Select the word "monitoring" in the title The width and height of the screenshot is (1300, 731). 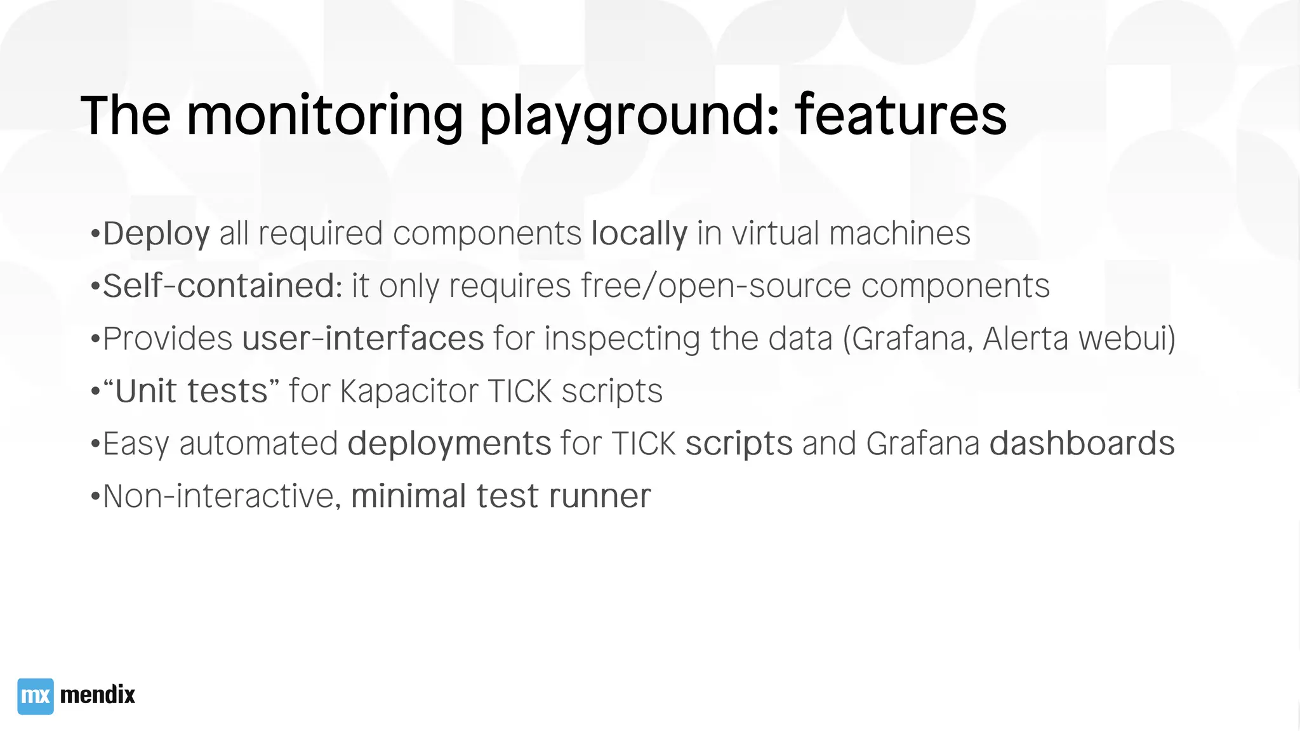click(x=324, y=115)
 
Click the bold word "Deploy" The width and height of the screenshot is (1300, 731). click(x=156, y=234)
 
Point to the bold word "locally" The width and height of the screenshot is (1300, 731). click(x=639, y=234)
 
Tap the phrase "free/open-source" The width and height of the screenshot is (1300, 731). click(x=715, y=286)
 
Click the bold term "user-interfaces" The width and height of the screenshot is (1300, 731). click(x=363, y=338)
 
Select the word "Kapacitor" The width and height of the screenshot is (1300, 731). click(x=409, y=391)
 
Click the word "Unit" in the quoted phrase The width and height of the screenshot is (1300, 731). click(x=146, y=391)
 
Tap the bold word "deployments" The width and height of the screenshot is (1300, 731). click(x=449, y=444)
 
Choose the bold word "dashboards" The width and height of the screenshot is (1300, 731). click(x=1082, y=443)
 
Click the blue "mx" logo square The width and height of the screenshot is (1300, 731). click(x=36, y=696)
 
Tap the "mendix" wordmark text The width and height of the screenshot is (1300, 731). click(x=97, y=695)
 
